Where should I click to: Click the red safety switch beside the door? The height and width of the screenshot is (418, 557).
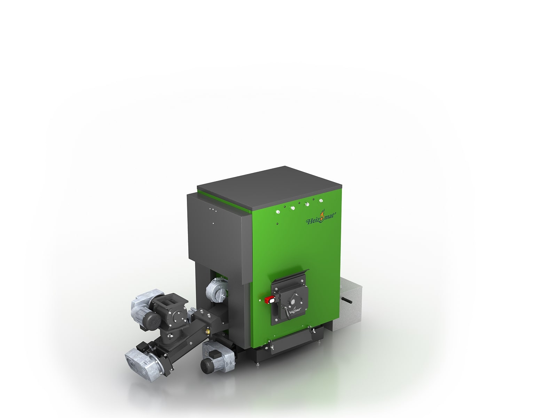[x=270, y=298]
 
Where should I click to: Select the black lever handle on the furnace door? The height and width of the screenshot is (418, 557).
[x=286, y=309]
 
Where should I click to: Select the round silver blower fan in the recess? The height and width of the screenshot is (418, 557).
[x=215, y=290]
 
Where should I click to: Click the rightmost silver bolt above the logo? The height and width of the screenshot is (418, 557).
[x=321, y=201]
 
